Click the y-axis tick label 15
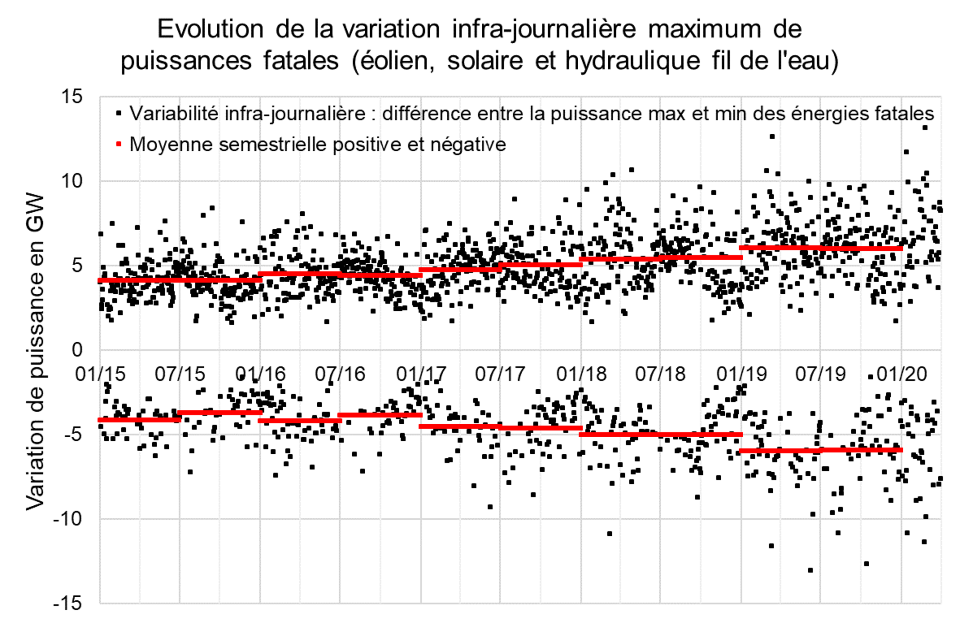point(72,96)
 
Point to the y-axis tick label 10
point(72,180)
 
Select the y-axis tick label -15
point(67,603)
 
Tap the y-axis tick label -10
point(67,519)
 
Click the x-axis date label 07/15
point(180,374)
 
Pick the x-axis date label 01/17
point(421,374)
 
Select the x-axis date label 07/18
point(660,374)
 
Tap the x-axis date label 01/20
point(902,374)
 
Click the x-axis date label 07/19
point(820,374)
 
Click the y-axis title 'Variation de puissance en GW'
point(35,351)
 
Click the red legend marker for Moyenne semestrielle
point(118,144)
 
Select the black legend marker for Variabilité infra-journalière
point(118,113)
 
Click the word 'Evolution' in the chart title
point(210,30)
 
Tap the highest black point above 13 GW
point(925,127)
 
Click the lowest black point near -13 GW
point(810,570)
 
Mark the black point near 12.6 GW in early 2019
point(772,136)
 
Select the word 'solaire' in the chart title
point(485,60)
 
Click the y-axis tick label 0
point(77,350)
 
